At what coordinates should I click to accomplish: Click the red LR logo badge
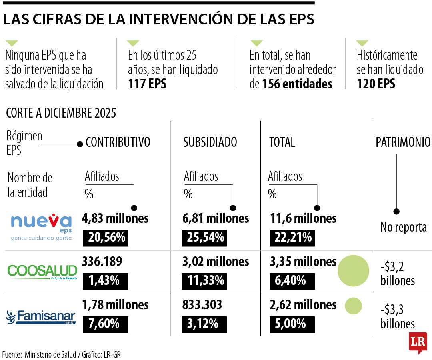point(418,342)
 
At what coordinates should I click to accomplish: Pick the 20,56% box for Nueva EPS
point(106,238)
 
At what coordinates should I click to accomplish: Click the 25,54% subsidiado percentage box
point(205,238)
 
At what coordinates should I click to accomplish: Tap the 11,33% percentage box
point(205,281)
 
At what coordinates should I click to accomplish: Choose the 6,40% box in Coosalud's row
point(290,281)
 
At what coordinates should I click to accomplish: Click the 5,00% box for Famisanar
point(290,324)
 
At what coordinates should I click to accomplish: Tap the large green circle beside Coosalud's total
point(353,271)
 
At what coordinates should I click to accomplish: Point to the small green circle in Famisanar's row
point(353,306)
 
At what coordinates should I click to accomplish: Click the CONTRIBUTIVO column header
point(118,142)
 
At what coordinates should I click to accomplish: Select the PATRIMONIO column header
point(403,142)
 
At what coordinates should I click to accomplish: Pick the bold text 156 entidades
point(297,84)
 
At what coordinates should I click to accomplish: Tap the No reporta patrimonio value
point(403,228)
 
